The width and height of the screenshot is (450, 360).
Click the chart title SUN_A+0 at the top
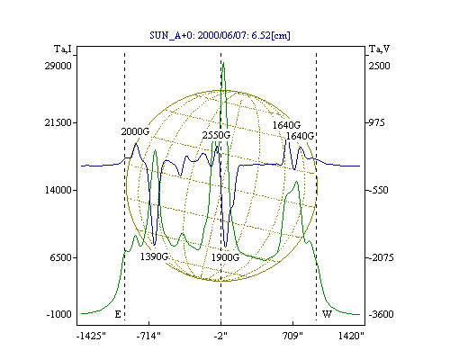[220, 35]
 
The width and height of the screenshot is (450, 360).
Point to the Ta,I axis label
[63, 49]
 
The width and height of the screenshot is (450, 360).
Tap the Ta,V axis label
[379, 49]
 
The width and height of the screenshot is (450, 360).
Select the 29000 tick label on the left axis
[58, 66]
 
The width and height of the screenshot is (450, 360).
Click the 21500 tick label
[58, 122]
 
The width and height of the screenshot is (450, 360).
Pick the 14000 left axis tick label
[58, 190]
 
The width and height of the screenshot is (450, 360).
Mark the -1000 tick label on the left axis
[59, 314]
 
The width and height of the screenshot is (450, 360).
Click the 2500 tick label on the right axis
[379, 66]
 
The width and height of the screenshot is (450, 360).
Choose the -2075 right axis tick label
[381, 257]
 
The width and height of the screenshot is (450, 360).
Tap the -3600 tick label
[381, 314]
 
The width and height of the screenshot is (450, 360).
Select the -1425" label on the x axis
[92, 336]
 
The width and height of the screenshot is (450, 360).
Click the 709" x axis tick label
[292, 336]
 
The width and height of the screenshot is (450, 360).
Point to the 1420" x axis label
[351, 336]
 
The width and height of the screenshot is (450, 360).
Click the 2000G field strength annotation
[135, 131]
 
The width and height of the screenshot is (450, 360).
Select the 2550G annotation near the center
[216, 135]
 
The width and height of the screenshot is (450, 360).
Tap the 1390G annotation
[155, 256]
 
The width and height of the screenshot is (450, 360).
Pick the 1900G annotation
[225, 257]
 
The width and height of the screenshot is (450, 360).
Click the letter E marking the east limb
[118, 314]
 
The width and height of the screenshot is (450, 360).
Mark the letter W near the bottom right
[327, 314]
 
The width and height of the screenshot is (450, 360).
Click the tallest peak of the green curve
[223, 63]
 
